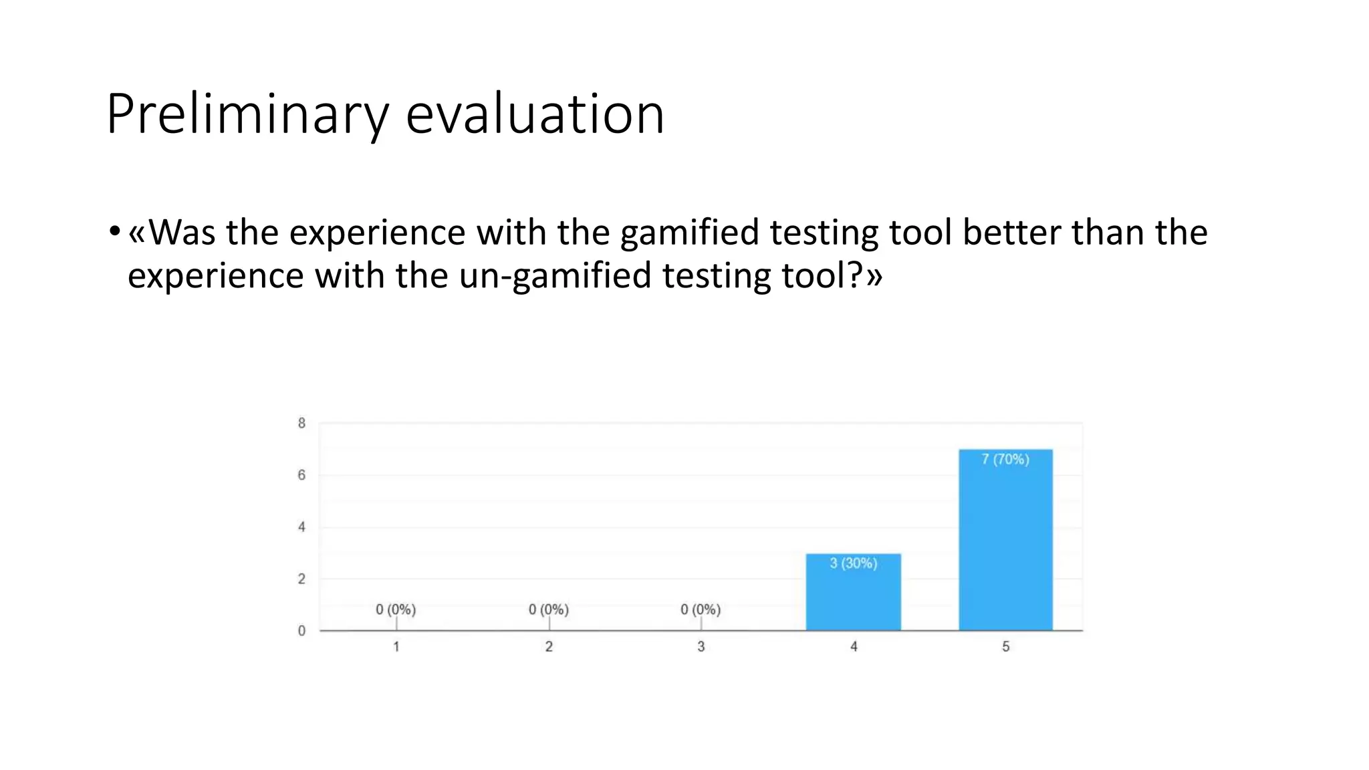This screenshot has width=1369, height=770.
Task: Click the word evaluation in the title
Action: [x=535, y=115]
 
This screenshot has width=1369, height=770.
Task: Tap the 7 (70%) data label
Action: [x=1005, y=459]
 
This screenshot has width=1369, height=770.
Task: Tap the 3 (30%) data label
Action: [x=854, y=563]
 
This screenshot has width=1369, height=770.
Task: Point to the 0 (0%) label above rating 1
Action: [x=396, y=610]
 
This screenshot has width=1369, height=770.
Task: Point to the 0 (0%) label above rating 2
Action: [x=549, y=610]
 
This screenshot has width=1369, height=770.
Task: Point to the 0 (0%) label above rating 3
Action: [x=701, y=610]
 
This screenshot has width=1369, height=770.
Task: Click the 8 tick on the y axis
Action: [x=301, y=423]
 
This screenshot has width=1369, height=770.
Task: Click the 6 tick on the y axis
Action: [x=301, y=475]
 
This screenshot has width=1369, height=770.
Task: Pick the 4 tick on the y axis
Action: [x=301, y=527]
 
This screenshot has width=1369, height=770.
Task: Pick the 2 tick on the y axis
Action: [x=301, y=579]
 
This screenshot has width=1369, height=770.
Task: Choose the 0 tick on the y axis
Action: [x=301, y=631]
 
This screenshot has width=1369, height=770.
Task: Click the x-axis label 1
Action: [x=396, y=647]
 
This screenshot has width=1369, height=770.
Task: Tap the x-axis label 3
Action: [x=701, y=647]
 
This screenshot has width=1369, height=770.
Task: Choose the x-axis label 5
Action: [x=1005, y=647]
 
